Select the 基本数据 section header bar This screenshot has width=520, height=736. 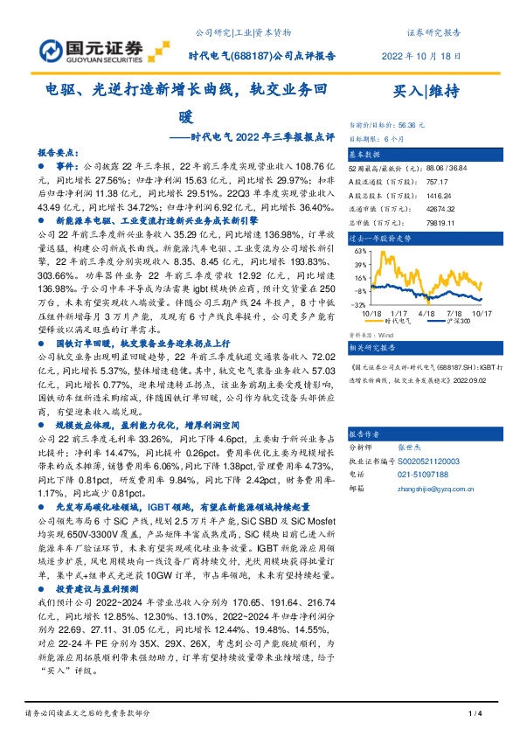[429, 152]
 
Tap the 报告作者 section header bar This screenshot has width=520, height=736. [429, 433]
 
